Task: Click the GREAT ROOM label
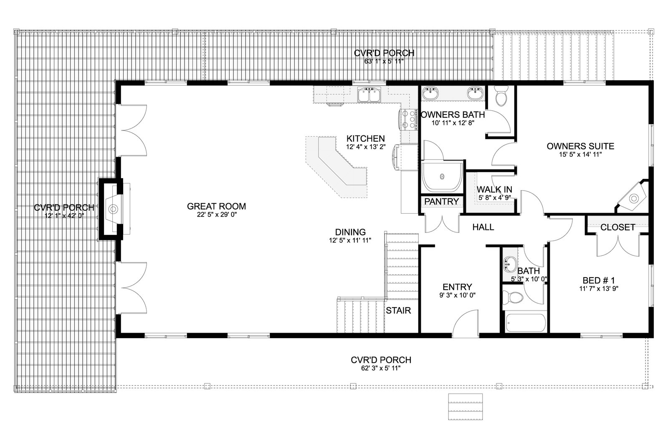click(x=216, y=206)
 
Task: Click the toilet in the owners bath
click(x=501, y=96)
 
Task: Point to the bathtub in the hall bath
click(x=526, y=323)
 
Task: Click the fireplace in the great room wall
click(x=114, y=209)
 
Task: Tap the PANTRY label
click(x=441, y=201)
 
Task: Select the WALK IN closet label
click(x=494, y=190)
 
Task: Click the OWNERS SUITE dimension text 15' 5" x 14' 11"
click(x=580, y=155)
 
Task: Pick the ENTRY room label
click(x=457, y=287)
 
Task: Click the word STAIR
click(x=398, y=311)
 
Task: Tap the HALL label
click(x=483, y=227)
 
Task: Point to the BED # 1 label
click(x=599, y=280)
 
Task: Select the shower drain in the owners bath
click(x=442, y=176)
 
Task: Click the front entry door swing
click(x=466, y=324)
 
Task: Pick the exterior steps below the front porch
click(x=465, y=407)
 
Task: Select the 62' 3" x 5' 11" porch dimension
click(x=381, y=368)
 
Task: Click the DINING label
click(x=350, y=232)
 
